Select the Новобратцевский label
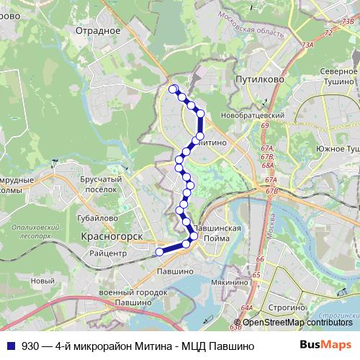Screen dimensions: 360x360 (254, 115)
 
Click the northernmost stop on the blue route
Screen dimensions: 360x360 (173, 89)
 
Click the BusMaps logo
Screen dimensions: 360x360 (326, 346)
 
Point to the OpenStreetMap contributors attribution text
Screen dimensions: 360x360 (297, 322)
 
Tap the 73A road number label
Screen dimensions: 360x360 (308, 45)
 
